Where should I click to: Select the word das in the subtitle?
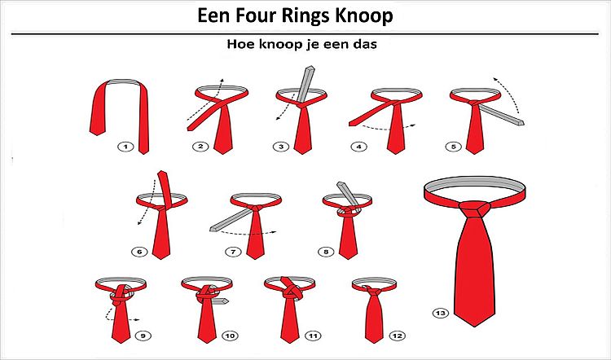coord(365,44)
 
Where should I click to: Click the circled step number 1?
coord(125,147)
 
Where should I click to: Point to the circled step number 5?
coord(454,147)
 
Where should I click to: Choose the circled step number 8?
coord(326,252)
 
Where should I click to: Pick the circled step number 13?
coord(441,313)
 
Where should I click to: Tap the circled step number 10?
coord(230,336)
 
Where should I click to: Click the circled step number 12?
coord(397,336)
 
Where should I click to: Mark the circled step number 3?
coord(281,147)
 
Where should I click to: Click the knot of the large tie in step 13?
coord(475,209)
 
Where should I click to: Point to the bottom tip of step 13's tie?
coord(475,327)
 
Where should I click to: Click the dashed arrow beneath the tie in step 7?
coord(248,233)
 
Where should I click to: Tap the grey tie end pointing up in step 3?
coord(305,84)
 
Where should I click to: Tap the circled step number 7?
coord(233,252)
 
